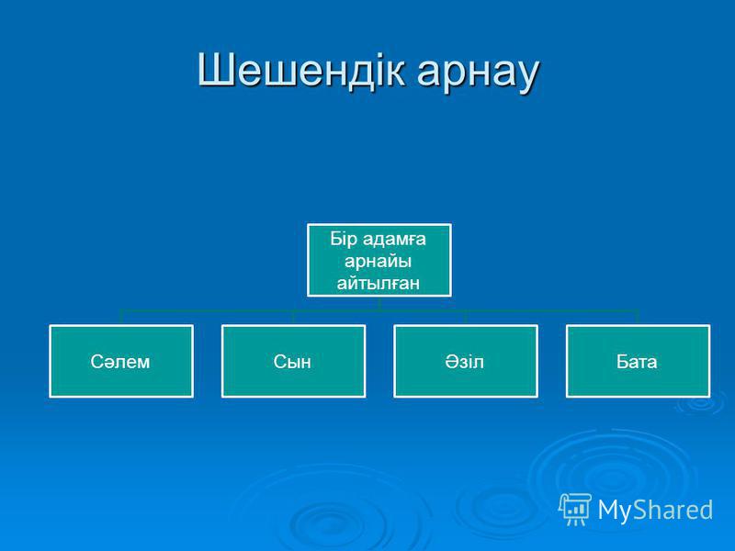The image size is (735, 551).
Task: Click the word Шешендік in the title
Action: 300,71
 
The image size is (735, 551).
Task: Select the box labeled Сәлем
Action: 121,361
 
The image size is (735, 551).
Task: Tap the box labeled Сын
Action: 293,361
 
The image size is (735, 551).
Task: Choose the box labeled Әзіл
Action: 466,361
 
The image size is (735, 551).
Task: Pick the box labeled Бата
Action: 638,361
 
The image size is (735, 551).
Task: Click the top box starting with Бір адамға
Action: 379,260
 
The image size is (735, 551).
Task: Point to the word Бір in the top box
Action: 344,239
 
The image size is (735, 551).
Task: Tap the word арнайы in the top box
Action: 379,262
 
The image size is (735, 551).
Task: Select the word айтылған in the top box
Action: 379,283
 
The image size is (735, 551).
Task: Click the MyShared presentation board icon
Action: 574,509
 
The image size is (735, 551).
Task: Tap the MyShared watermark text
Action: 655,510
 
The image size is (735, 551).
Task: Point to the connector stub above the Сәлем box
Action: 121,317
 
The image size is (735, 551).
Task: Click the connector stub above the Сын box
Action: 293,317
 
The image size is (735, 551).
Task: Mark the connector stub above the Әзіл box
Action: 466,317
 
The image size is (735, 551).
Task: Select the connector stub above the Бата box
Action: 638,317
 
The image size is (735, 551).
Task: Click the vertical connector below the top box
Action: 379,304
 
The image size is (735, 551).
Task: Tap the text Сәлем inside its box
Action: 120,362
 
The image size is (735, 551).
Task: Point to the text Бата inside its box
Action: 637,362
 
